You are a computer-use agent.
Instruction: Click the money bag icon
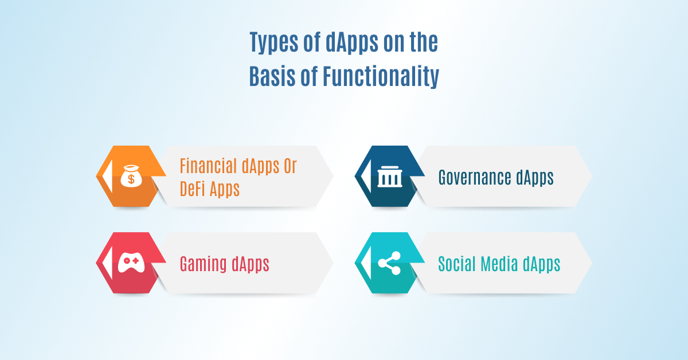pos(132,177)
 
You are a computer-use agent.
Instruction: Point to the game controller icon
pos(131,263)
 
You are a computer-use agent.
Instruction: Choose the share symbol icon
pos(390,264)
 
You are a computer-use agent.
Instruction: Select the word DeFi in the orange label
pos(196,189)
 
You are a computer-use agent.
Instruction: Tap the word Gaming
pos(204,265)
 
